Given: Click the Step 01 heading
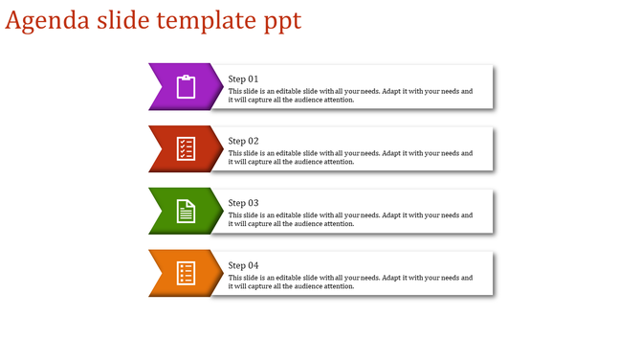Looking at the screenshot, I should point(244,79).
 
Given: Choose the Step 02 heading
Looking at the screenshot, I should point(244,141).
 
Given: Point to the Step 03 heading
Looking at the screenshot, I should point(244,203).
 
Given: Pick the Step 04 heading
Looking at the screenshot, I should point(244,265).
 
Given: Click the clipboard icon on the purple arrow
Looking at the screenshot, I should point(186,86).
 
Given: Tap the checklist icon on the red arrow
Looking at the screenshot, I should point(186,148).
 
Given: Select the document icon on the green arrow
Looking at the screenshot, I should point(186,211).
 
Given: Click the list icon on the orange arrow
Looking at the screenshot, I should point(186,273).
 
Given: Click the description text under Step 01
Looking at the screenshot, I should point(350,96).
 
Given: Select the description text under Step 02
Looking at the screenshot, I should point(350,158).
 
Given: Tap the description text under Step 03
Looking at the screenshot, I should point(350,220).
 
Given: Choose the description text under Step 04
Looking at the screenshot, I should point(350,282).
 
